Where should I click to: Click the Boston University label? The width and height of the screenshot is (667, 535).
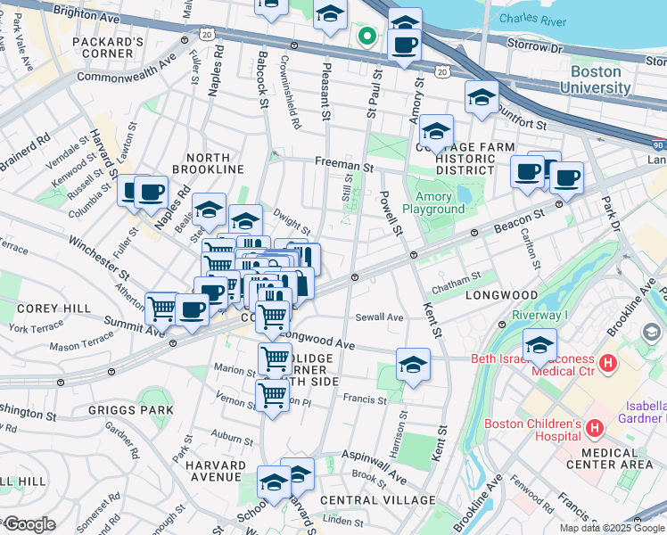pyautogui.click(x=596, y=79)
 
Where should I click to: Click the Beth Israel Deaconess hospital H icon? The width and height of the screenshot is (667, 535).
pyautogui.click(x=609, y=363)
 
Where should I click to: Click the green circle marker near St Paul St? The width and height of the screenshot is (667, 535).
pyautogui.click(x=366, y=37)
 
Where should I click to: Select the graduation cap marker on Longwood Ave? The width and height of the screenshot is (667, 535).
pyautogui.click(x=413, y=365)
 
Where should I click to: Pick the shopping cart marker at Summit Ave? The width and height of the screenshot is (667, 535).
pyautogui.click(x=161, y=309)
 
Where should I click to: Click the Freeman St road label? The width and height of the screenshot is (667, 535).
pyautogui.click(x=342, y=166)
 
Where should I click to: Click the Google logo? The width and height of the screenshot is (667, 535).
pyautogui.click(x=29, y=525)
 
